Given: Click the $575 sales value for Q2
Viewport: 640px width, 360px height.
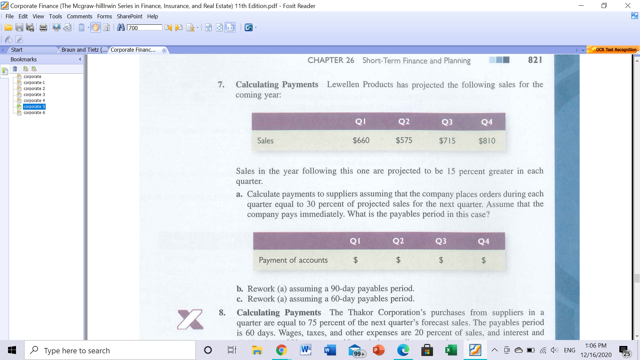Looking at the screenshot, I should (x=404, y=140).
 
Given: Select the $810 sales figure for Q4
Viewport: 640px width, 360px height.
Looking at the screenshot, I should (x=487, y=141).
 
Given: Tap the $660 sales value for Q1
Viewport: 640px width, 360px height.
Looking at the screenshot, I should (x=361, y=140).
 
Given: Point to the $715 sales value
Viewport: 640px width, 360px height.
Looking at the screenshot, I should (x=447, y=141).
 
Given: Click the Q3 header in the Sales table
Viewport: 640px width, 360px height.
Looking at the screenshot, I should (x=447, y=122).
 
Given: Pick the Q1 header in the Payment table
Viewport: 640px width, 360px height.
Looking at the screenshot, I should (x=355, y=241).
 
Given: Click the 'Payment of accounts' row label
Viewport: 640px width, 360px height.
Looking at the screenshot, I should (x=293, y=260).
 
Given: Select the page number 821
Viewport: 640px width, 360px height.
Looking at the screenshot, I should (x=535, y=60).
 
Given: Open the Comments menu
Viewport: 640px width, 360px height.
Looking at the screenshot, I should (x=79, y=16).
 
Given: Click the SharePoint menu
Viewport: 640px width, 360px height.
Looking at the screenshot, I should (x=129, y=16).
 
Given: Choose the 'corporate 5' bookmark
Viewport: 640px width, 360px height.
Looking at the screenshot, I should (x=34, y=107).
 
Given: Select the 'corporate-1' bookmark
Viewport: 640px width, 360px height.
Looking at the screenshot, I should (x=34, y=83).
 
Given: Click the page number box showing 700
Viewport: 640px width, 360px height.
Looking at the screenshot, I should (x=144, y=28).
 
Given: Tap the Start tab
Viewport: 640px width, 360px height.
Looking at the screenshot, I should (x=17, y=50).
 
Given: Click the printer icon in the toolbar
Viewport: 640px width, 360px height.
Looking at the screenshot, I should (x=43, y=28).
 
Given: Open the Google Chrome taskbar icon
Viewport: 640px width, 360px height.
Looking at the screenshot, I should (x=281, y=350).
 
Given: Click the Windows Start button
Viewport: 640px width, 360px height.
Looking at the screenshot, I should (x=12, y=350).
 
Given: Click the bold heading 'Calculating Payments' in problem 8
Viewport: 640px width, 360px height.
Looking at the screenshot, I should (x=279, y=313).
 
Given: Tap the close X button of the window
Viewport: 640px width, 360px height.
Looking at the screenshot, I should (x=628, y=6).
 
